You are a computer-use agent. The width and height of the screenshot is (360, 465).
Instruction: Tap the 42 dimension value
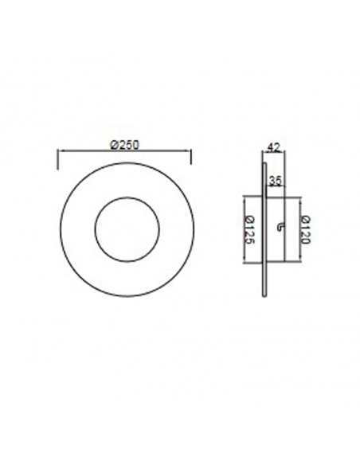[x=272, y=147]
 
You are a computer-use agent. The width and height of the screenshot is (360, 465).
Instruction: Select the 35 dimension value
[x=276, y=181]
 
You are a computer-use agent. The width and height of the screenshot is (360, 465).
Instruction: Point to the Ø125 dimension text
[x=249, y=230]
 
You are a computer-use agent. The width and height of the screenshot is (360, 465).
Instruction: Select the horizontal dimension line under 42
[x=273, y=154]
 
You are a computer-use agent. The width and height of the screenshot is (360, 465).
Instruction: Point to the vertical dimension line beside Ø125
[x=242, y=230]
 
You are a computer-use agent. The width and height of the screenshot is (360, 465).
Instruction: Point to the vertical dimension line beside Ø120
[x=299, y=230]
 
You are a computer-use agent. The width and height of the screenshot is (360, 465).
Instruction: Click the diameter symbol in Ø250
[x=114, y=145]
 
